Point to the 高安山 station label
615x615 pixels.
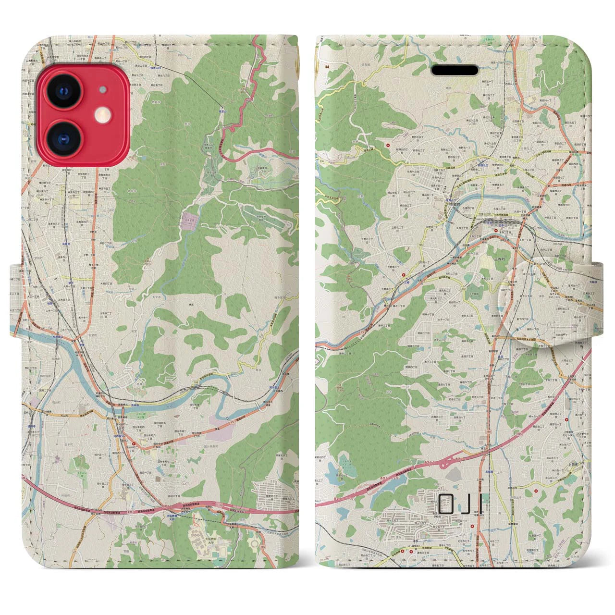coord(222,109)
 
